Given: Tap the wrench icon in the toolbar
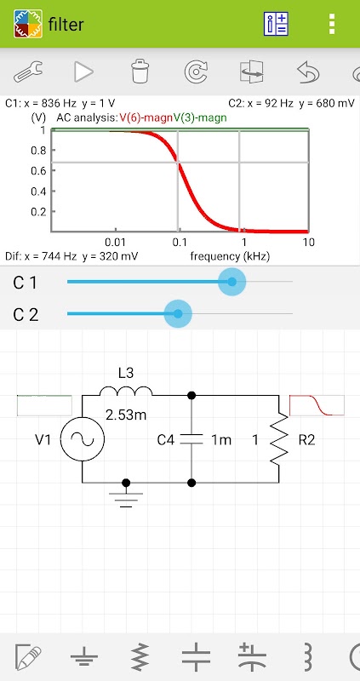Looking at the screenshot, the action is tap(28, 72).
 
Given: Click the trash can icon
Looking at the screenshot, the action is tap(140, 72).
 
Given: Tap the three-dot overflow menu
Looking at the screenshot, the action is tap(332, 24).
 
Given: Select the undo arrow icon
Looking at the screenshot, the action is tap(308, 72).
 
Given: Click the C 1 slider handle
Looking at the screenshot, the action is tap(231, 282).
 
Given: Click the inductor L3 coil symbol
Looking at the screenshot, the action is tap(125, 392).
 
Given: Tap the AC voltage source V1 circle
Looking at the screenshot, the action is tap(82, 439).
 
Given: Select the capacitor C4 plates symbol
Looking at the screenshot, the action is tap(191, 439).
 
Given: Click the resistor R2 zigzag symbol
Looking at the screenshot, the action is tap(279, 439).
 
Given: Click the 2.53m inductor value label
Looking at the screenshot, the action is tap(126, 415).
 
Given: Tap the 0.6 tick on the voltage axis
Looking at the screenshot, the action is tap(38, 171).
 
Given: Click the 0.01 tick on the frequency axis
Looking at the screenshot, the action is tap(115, 242).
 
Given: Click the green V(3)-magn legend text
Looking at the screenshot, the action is tap(200, 117).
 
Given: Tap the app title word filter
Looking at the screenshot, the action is tap(66, 25).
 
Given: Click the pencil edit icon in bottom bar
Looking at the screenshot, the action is tap(28, 656).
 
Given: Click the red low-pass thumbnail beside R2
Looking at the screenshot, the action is tap(317, 405).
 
